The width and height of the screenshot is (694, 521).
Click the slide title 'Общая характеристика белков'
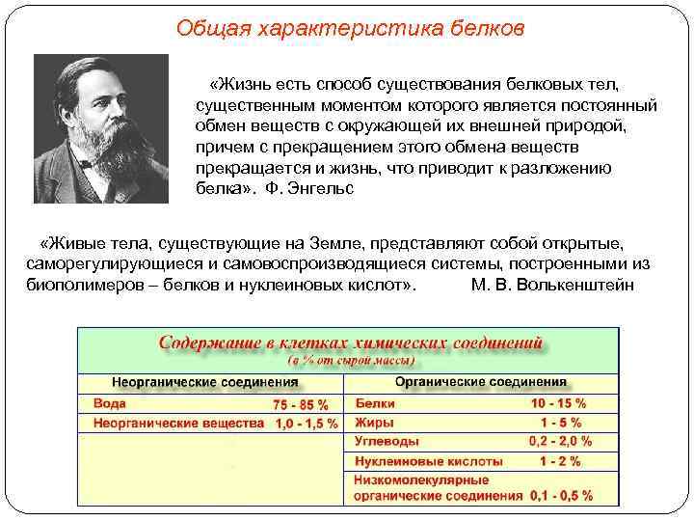pos(351,27)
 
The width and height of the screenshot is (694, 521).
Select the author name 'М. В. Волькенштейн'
pos(553,287)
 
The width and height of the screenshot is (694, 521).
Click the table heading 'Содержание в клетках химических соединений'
pos(351,343)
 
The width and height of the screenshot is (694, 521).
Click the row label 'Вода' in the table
pos(110,403)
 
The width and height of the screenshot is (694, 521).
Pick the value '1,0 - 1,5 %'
pos(306,423)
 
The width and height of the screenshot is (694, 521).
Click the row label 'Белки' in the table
pos(376,403)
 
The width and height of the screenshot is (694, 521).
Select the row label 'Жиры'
pos(373,423)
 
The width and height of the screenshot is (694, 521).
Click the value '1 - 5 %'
pos(560,423)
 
